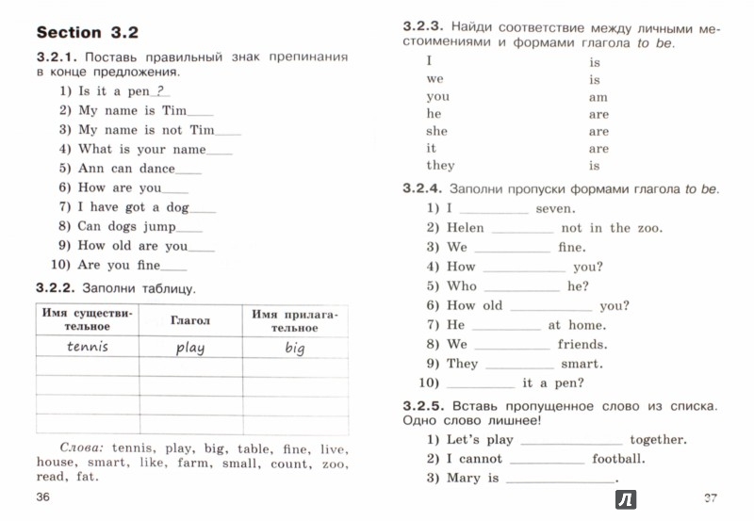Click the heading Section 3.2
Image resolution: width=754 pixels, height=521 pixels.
(x=86, y=32)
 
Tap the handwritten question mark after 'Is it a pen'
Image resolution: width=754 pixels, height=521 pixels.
(x=160, y=90)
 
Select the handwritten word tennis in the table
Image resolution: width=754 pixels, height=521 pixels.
(x=88, y=346)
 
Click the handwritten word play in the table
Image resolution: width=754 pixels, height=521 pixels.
(x=189, y=347)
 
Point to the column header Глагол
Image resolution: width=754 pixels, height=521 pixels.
(x=190, y=320)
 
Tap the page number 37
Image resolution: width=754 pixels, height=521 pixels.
(x=711, y=496)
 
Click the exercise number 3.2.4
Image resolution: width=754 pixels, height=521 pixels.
(x=422, y=189)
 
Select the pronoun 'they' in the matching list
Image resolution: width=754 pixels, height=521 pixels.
(x=441, y=166)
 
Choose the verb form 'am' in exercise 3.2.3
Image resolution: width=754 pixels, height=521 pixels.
(x=598, y=97)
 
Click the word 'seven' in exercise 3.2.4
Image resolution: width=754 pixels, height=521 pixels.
(x=555, y=208)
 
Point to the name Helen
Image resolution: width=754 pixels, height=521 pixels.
(x=466, y=228)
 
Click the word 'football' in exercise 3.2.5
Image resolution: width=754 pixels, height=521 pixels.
(x=618, y=459)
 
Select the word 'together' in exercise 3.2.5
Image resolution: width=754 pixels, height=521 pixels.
(x=658, y=439)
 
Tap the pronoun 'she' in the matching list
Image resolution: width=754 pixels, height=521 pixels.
(x=437, y=131)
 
